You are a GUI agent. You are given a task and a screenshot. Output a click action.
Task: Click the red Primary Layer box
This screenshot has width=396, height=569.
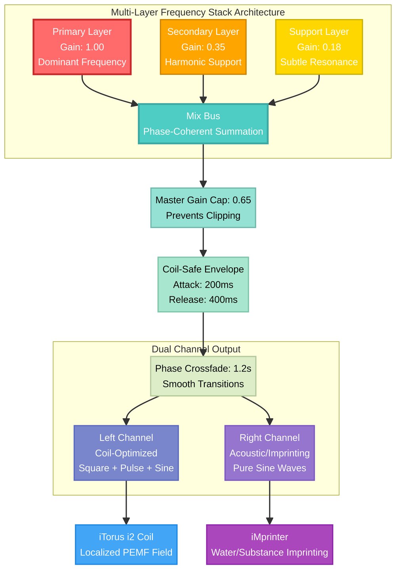point(82,47)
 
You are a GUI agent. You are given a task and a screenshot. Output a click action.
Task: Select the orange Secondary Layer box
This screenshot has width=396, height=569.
point(203,47)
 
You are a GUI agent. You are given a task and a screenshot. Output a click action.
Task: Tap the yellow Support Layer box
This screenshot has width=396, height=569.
point(319,47)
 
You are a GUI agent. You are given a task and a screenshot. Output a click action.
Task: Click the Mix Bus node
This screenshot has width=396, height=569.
point(203,124)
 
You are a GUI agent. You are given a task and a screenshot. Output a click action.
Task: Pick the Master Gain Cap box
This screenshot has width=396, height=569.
point(203,207)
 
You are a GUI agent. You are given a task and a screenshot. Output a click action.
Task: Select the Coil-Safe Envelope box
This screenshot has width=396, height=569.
point(203,284)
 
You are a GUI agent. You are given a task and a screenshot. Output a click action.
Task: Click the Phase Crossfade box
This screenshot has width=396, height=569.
point(203,376)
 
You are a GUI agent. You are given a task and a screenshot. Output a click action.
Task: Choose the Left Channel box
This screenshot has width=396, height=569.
point(126,453)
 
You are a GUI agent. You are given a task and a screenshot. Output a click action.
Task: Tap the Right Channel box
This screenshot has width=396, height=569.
point(270,453)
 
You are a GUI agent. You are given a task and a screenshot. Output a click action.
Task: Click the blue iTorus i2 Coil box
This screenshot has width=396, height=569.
point(126,544)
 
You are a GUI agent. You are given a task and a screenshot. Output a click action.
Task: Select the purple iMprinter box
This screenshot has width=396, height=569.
point(270,544)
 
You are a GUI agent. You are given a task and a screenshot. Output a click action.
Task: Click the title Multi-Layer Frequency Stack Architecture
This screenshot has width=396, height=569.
point(198,12)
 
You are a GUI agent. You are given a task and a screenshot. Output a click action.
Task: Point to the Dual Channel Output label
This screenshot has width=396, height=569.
point(196,349)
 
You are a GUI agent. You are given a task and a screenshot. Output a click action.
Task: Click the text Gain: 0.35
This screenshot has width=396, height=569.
point(203,47)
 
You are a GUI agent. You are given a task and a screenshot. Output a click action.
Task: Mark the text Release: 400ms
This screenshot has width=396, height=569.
point(203,299)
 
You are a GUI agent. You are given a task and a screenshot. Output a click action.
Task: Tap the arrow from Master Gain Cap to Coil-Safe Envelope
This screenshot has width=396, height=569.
point(203,242)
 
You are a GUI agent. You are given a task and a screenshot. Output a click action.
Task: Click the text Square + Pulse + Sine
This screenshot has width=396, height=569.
point(126,468)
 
